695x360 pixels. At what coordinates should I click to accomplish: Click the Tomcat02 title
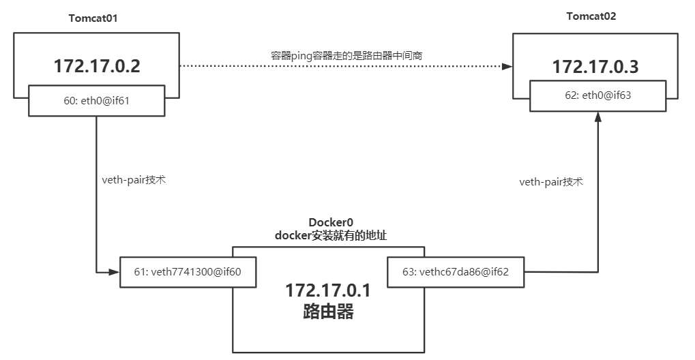pyautogui.click(x=591, y=16)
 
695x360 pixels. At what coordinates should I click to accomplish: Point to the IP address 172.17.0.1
pyautogui.click(x=327, y=290)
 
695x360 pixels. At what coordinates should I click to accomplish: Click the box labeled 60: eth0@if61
pyautogui.click(x=96, y=100)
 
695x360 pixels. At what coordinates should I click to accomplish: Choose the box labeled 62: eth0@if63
pyautogui.click(x=597, y=95)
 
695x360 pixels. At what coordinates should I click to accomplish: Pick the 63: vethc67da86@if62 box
pyautogui.click(x=456, y=272)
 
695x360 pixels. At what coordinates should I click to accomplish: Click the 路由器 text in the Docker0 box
pyautogui.click(x=327, y=312)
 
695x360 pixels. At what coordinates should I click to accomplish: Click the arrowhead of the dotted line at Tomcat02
pyautogui.click(x=507, y=66)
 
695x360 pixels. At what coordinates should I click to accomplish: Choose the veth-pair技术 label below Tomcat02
pyautogui.click(x=550, y=182)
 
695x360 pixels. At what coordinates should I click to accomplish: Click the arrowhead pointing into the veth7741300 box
pyautogui.click(x=115, y=272)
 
